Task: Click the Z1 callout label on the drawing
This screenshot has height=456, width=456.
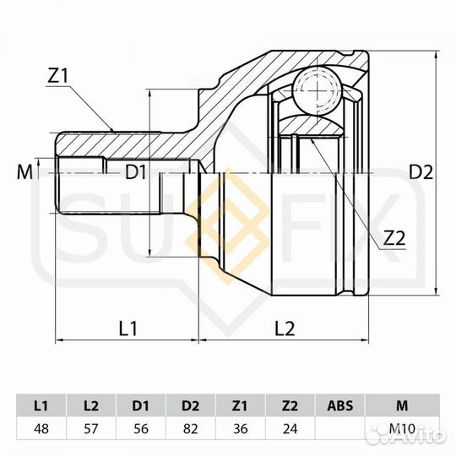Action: (57, 76)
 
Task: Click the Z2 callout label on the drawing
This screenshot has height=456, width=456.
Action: (394, 239)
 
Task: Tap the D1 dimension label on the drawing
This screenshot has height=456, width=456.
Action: (135, 172)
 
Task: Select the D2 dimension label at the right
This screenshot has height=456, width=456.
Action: (421, 172)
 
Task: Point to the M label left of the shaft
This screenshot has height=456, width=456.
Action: (24, 172)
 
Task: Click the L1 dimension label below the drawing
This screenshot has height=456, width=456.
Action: (128, 328)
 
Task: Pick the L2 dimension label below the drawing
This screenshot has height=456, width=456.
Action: (285, 328)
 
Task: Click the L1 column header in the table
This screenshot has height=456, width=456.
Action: (41, 405)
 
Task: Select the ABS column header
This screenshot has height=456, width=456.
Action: (340, 405)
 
